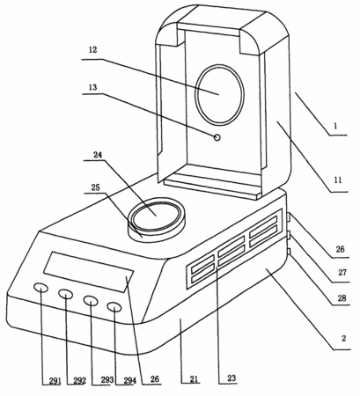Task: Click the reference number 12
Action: pyautogui.click(x=92, y=50)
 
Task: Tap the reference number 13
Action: pyautogui.click(x=92, y=87)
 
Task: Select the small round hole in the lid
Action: pyautogui.click(x=217, y=137)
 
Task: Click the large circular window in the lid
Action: pyautogui.click(x=220, y=94)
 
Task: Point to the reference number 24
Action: pyautogui.click(x=98, y=154)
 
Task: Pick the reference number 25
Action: pyautogui.click(x=95, y=187)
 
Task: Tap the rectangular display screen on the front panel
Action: pyautogui.click(x=89, y=272)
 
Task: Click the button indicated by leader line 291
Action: pyautogui.click(x=40, y=288)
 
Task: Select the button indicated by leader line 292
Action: pyautogui.click(x=65, y=294)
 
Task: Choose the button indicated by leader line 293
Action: pyautogui.click(x=91, y=300)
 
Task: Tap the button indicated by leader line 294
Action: pyautogui.click(x=114, y=307)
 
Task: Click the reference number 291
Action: pyautogui.click(x=55, y=381)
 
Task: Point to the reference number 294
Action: pyautogui.click(x=129, y=380)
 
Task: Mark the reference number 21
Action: pyautogui.click(x=194, y=379)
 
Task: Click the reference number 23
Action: pyautogui.click(x=231, y=378)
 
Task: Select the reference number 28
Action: pyautogui.click(x=342, y=298)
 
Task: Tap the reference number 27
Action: pyautogui.click(x=342, y=272)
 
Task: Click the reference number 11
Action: pyautogui.click(x=338, y=180)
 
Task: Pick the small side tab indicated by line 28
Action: pyautogui.click(x=289, y=252)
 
